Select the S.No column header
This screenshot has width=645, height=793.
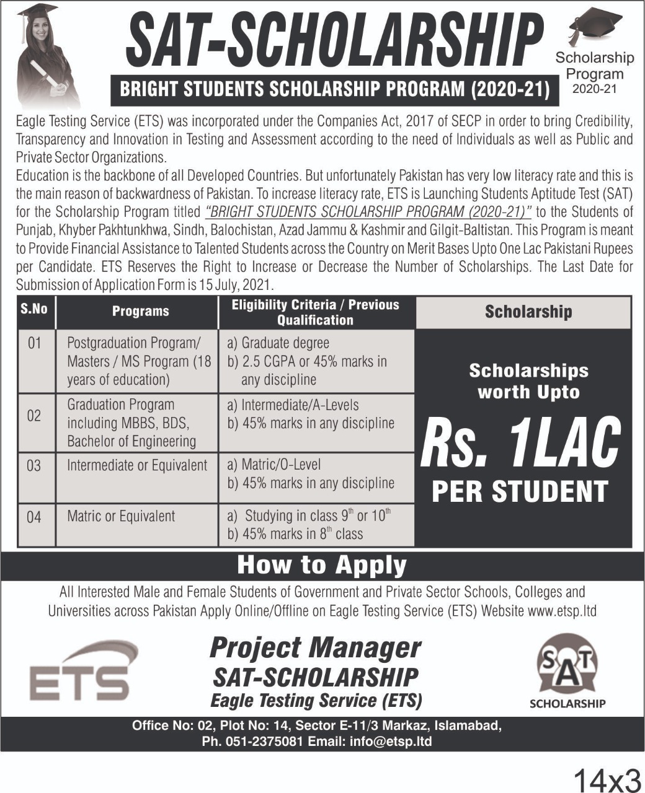click(34, 309)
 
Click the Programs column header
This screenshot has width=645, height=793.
click(140, 312)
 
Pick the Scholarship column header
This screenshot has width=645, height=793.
click(528, 312)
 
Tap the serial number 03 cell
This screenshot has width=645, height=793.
click(34, 466)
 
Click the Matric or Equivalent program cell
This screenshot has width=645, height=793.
click(121, 517)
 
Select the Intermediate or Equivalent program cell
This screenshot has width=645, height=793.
click(137, 466)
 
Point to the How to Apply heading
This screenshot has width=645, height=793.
click(321, 565)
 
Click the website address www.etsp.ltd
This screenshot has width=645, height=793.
click(562, 611)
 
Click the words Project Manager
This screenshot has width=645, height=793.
click(315, 648)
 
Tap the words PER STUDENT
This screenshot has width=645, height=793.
click(520, 491)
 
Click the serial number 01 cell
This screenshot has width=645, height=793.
click(34, 343)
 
